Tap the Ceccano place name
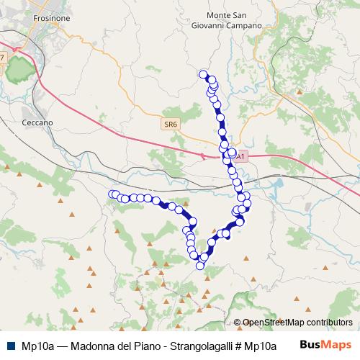[38, 123]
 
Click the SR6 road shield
[170, 124]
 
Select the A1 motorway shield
[241, 155]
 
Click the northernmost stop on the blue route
[204, 73]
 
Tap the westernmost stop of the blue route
[112, 194]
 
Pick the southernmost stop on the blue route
[200, 266]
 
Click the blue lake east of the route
[277, 191]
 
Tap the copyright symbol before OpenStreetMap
[237, 323]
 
